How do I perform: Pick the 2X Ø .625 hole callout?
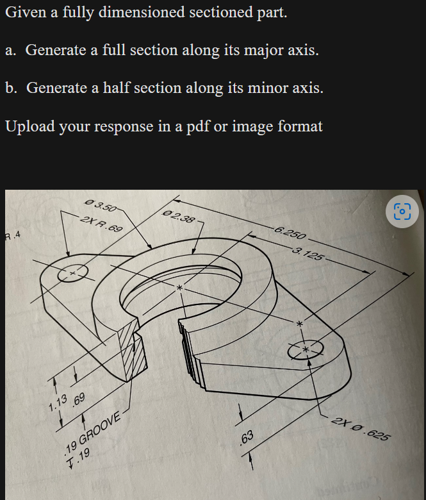pyautogui.click(x=361, y=429)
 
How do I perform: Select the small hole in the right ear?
pyautogui.click(x=306, y=349)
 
